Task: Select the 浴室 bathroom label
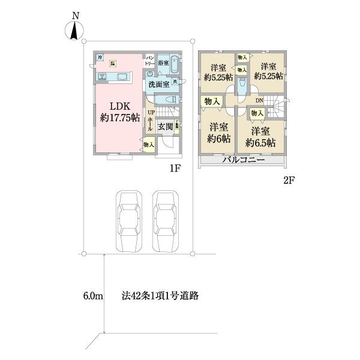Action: point(163,62)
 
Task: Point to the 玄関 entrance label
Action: point(165,127)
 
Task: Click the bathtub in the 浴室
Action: point(173,63)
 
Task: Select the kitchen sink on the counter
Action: point(102,76)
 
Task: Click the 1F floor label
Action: point(175,168)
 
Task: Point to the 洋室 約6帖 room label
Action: point(219,133)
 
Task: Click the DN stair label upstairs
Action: point(260,100)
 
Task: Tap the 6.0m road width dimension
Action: point(94,296)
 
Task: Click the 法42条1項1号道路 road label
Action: point(160,296)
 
